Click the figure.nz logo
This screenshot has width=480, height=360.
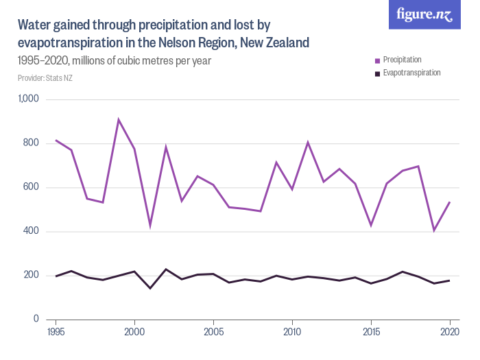(x=424, y=15)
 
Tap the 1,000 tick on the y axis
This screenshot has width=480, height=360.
(x=29, y=99)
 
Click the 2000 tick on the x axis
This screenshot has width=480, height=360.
(x=134, y=332)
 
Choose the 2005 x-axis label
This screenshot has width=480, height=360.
(x=213, y=332)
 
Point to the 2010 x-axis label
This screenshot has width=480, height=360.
(x=292, y=332)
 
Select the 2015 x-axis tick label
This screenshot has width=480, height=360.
(x=371, y=332)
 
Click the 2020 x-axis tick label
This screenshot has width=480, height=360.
(x=450, y=332)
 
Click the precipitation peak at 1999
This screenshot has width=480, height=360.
(x=119, y=120)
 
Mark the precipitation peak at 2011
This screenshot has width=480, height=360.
(x=308, y=143)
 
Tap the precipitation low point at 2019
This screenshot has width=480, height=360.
(x=434, y=230)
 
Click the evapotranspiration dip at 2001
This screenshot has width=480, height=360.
(x=150, y=288)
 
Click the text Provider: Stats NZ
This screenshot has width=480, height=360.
(x=45, y=78)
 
